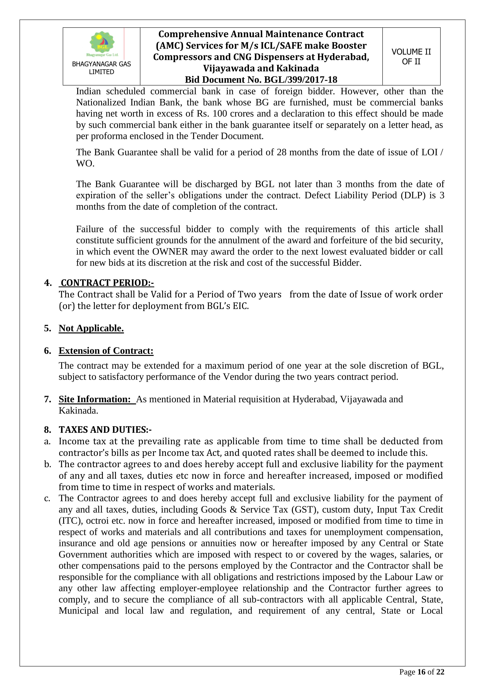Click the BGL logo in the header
(102, 43)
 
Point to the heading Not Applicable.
(91, 328)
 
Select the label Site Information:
(95, 399)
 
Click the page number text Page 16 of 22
(422, 672)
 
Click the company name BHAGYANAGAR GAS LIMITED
(101, 68)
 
